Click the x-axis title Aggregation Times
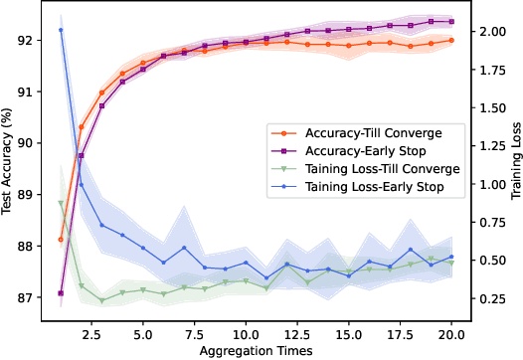tap(257, 351)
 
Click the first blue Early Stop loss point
tap(61, 30)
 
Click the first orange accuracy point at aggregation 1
tap(61, 240)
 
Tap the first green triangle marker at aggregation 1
tap(61, 203)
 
